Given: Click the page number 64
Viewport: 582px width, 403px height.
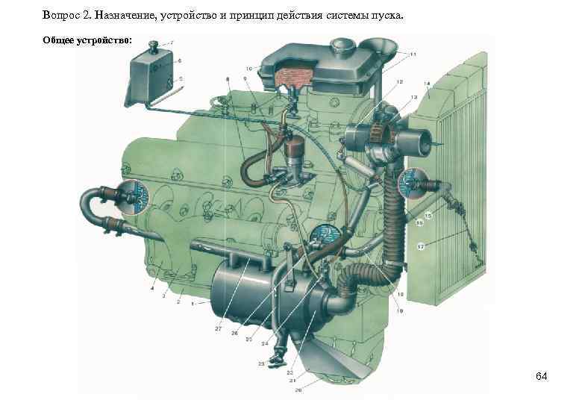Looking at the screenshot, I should point(541,376).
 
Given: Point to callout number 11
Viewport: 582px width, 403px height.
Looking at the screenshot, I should point(413,55).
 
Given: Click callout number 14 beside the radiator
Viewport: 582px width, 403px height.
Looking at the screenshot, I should point(427,84).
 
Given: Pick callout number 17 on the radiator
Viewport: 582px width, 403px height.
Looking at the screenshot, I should point(421,246).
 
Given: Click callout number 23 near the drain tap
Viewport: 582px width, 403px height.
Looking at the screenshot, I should point(262,364).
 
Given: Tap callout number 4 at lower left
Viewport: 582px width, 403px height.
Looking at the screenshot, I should point(152,288).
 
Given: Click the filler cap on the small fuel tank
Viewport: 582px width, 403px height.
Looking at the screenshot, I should point(155,47).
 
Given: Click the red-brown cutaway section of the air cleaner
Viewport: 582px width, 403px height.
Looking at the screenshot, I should point(292,76).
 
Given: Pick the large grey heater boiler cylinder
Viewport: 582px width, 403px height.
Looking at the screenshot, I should point(239,295).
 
